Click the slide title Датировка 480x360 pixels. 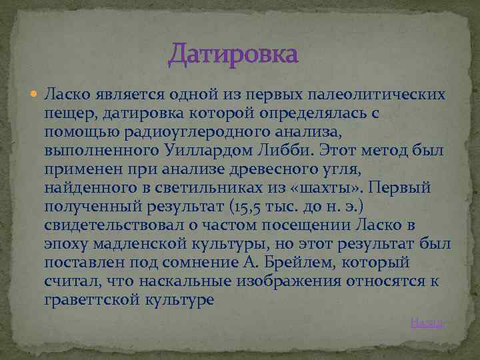pos(233,53)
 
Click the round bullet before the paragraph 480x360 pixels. pos(35,95)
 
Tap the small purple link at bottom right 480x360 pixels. pos(427,323)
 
